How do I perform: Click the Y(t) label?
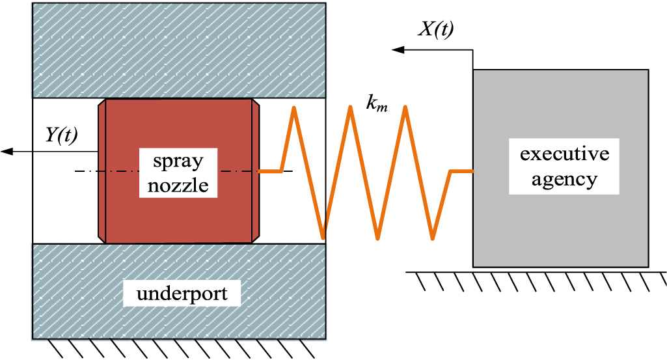(x=61, y=135)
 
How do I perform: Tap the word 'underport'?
(x=182, y=294)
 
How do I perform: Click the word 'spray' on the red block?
(x=178, y=160)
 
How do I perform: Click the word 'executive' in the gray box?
(x=564, y=154)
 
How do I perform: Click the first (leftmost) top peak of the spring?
(x=295, y=107)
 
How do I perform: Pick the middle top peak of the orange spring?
(x=351, y=107)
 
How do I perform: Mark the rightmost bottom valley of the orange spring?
(x=433, y=238)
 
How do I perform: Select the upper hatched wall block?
(x=179, y=49)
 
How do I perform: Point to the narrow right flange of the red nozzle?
(x=256, y=171)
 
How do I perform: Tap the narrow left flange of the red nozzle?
(x=102, y=171)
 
